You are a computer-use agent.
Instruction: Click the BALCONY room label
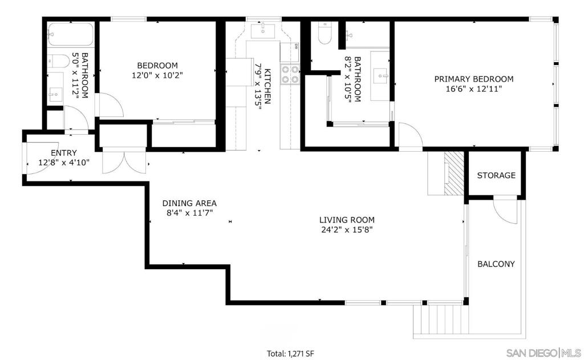click(x=496, y=264)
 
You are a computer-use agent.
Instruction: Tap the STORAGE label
click(x=496, y=175)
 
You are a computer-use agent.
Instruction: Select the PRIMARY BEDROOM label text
click(x=474, y=79)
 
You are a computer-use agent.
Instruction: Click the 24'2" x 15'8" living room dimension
click(x=347, y=229)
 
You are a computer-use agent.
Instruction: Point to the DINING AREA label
click(x=189, y=204)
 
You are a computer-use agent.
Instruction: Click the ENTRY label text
click(x=64, y=153)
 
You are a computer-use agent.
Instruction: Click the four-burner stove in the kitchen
click(x=290, y=74)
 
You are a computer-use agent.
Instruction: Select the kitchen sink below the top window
click(x=262, y=30)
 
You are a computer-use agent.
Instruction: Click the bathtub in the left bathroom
click(x=71, y=34)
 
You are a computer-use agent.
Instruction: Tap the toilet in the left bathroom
click(x=59, y=61)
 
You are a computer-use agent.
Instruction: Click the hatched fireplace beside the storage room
click(x=453, y=173)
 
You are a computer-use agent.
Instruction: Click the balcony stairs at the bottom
click(x=441, y=321)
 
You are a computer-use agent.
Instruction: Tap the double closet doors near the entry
click(x=125, y=160)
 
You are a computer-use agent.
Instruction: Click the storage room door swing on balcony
click(x=505, y=211)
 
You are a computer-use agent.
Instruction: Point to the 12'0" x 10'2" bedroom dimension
click(x=157, y=75)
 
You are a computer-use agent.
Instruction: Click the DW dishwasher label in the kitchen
click(x=296, y=47)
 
